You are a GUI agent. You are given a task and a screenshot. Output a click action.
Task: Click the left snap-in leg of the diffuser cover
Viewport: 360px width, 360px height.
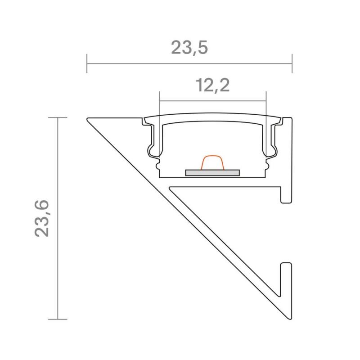151,139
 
